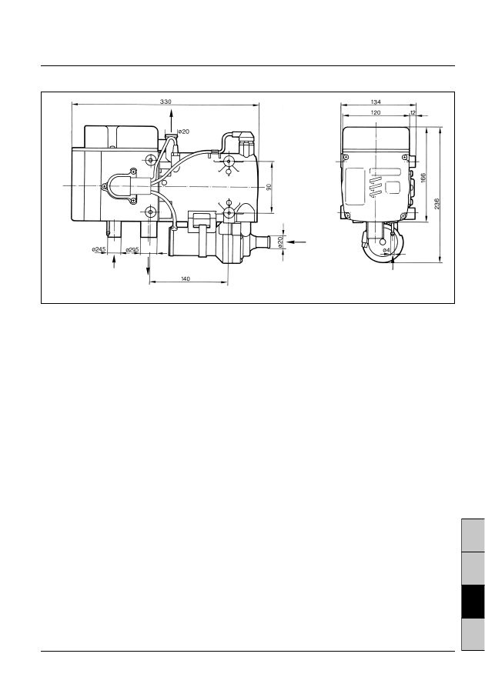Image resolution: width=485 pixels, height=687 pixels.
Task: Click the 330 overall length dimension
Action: click(166, 102)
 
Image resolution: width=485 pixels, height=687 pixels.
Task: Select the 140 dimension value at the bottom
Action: click(186, 278)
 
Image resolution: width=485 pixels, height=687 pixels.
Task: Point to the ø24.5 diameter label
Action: click(99, 249)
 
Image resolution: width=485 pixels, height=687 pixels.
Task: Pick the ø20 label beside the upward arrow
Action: click(183, 132)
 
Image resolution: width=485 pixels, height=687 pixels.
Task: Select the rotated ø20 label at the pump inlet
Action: click(280, 241)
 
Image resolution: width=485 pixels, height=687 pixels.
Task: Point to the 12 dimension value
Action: click(413, 112)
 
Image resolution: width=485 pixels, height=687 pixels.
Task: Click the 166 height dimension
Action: click(424, 178)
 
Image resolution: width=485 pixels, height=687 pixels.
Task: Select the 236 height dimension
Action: click(437, 204)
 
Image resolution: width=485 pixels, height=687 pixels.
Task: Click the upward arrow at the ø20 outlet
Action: click(171, 117)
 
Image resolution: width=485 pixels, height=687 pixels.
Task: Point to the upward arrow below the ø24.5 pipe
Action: click(115, 260)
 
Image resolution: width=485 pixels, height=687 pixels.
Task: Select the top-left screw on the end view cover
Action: click(346, 161)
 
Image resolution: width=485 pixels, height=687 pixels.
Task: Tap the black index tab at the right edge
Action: click(470, 602)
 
